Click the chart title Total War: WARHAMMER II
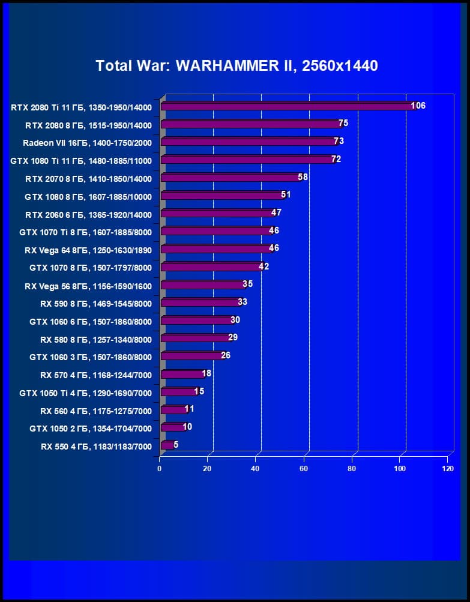coord(237,65)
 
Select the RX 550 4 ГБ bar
coord(167,445)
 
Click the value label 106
coord(418,106)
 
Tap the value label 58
coord(303,177)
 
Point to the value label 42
coord(264,266)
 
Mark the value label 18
coord(206,373)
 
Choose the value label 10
coord(187,427)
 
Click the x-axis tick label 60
coord(304,468)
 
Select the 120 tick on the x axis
coord(447,468)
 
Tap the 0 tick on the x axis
coord(160,468)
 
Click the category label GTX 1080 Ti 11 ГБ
coord(81,161)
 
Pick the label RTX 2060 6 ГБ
coord(88,215)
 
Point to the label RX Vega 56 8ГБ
coord(88,286)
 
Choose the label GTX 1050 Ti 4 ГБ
coord(85,394)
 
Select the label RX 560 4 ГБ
coord(96,411)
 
